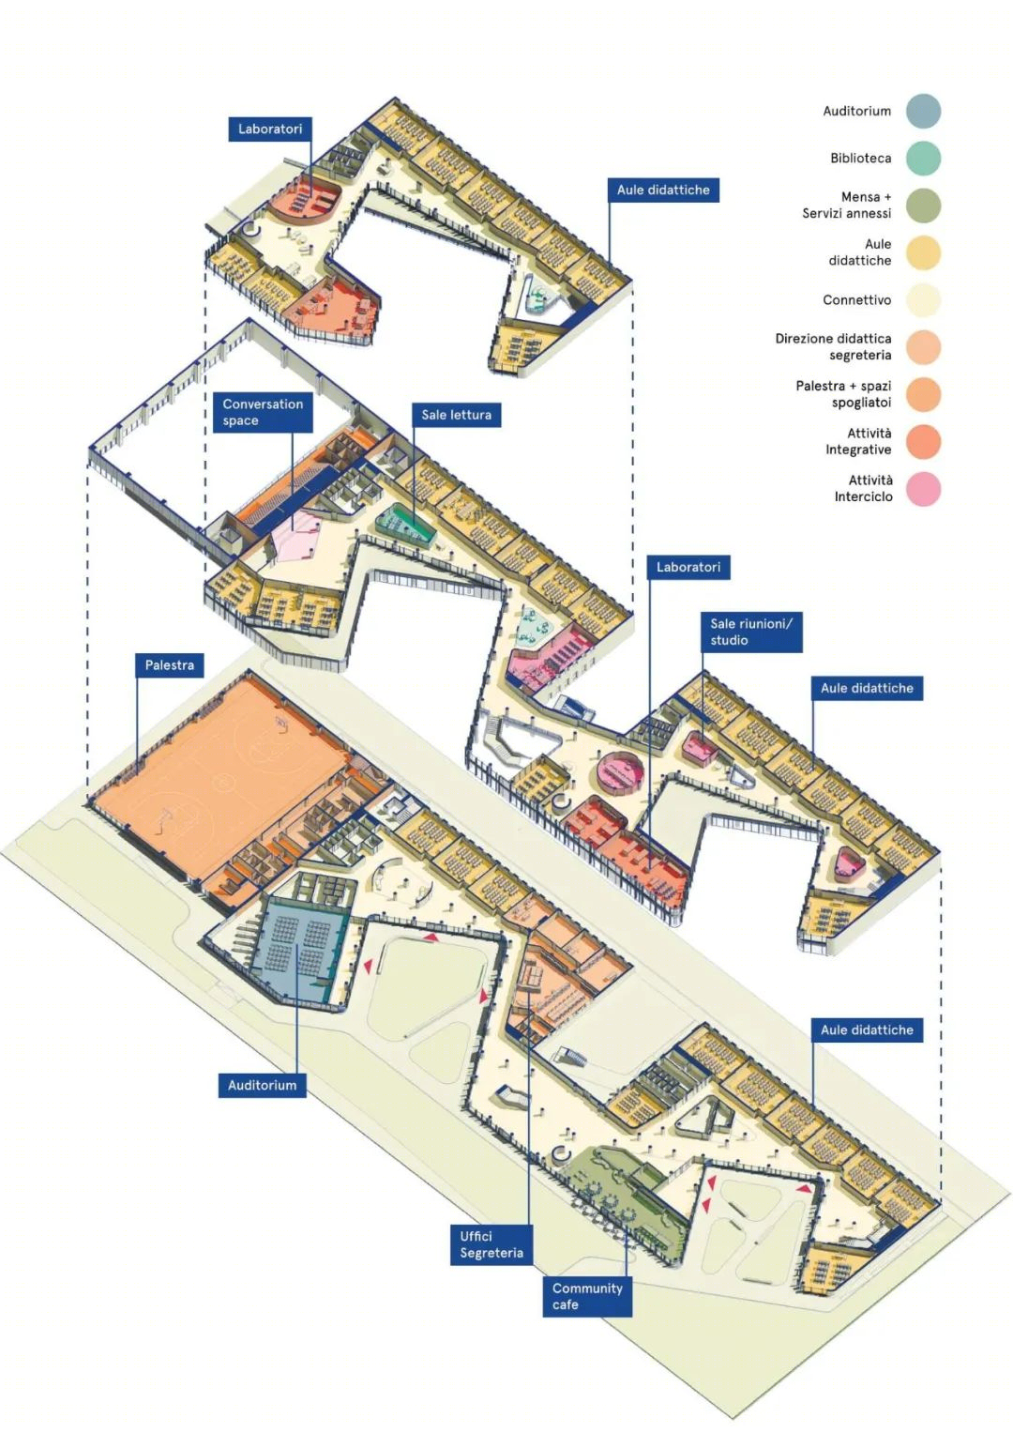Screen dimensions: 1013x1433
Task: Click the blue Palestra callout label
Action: click(x=170, y=664)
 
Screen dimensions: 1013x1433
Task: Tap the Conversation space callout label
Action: click(x=263, y=412)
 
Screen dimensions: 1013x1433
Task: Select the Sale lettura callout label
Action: click(x=456, y=415)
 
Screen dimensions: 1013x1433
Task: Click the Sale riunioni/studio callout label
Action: click(x=751, y=632)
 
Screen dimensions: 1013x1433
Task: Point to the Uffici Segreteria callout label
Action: click(x=491, y=1244)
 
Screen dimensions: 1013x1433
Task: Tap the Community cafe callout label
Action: click(x=587, y=1296)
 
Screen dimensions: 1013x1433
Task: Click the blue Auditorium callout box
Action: click(x=263, y=1085)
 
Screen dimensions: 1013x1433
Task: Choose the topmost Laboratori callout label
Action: click(x=270, y=129)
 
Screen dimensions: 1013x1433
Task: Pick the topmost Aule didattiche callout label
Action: click(x=663, y=190)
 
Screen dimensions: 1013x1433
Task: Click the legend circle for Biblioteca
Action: click(x=923, y=158)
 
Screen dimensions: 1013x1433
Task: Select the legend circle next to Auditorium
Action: click(x=923, y=111)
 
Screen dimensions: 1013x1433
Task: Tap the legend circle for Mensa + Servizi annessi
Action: click(x=923, y=206)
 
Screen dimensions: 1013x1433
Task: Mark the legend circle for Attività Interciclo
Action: click(x=923, y=489)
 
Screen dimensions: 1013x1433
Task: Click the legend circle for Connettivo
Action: click(x=923, y=300)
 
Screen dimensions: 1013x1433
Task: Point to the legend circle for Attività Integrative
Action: click(x=923, y=441)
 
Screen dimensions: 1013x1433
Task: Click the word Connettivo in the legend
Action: click(x=856, y=300)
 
